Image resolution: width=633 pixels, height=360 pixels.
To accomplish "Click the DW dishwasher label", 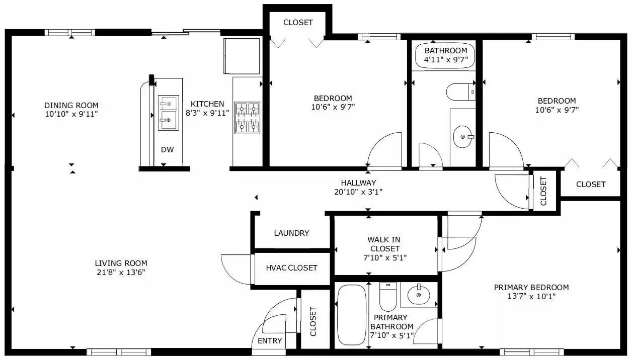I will click(167, 149).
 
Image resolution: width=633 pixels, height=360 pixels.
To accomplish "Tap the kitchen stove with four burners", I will click(247, 117).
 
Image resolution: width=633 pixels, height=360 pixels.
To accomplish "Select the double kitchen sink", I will click(167, 112).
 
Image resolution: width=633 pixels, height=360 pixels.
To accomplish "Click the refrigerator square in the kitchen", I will click(242, 55).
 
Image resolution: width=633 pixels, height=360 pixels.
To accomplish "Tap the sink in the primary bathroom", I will click(418, 294).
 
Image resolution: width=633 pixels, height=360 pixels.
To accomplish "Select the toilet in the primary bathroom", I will click(388, 298).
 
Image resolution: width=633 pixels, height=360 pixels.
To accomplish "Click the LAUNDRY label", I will click(291, 233).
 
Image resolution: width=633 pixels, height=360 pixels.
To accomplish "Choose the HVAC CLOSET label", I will click(291, 267).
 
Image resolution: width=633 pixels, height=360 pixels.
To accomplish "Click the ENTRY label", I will click(270, 341).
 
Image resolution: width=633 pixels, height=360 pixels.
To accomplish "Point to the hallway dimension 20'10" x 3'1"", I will click(358, 192).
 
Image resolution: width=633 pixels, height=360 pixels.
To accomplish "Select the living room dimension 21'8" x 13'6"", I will click(121, 273).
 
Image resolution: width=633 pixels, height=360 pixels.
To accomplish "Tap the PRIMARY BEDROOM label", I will click(531, 288).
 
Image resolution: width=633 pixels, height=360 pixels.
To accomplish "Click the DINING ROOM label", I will click(71, 105).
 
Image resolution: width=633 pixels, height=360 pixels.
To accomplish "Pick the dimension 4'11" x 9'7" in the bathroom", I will click(446, 59).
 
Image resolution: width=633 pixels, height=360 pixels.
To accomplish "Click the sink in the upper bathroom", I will click(463, 136).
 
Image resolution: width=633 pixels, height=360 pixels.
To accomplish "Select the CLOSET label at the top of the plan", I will click(298, 23).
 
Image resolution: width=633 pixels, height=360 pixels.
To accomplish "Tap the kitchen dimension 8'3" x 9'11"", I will click(207, 113).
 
